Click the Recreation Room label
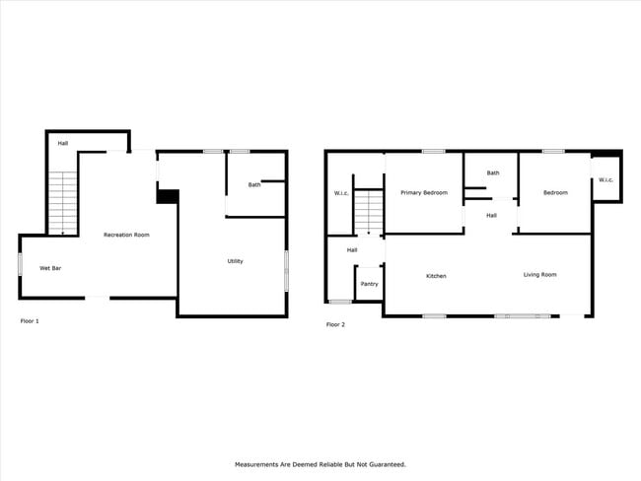pos(127,235)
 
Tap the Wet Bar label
pos(50,268)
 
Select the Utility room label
pos(235,261)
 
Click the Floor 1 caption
pos(31,321)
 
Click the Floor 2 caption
pos(336,324)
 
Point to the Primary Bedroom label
pos(424,192)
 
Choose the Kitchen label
pos(436,276)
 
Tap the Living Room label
pos(539,274)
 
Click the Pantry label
pos(369,284)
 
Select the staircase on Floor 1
pos(63,201)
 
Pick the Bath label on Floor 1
pos(254,184)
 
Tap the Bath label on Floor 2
pos(492,173)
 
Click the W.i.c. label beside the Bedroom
pos(605,179)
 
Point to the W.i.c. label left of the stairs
pos(341,192)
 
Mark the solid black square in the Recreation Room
pos(168,196)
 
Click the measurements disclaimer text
pos(320,463)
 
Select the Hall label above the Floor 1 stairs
pos(62,144)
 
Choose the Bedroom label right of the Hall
pos(555,192)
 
